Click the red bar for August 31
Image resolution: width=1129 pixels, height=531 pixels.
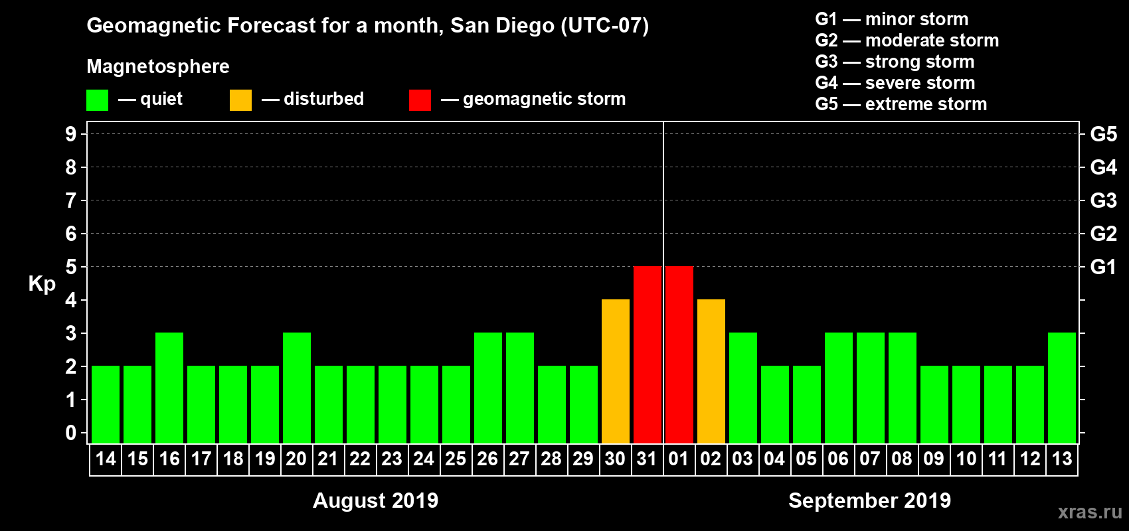click(x=648, y=354)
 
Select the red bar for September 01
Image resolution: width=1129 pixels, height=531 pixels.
click(x=679, y=354)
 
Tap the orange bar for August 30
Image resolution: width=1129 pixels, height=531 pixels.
click(x=616, y=371)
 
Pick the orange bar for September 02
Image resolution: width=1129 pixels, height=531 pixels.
click(x=711, y=371)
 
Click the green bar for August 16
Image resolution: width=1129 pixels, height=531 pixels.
click(x=169, y=388)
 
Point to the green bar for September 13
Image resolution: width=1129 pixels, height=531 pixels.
click(x=1062, y=388)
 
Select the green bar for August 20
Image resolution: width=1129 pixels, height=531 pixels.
click(x=297, y=388)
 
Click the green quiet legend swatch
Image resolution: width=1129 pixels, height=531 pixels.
click(x=97, y=100)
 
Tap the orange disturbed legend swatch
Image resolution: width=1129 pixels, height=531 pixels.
click(x=240, y=100)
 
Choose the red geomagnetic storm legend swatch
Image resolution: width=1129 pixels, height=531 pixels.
click(x=420, y=100)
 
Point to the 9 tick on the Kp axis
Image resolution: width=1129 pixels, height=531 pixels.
click(x=71, y=134)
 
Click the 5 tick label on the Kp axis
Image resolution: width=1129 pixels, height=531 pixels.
click(x=71, y=267)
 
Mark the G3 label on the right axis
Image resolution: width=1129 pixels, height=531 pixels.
click(x=1103, y=200)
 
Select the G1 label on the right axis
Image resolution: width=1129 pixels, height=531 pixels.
click(x=1103, y=267)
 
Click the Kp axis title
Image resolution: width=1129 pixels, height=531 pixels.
click(x=42, y=284)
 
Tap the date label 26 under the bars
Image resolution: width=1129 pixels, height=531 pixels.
click(x=487, y=459)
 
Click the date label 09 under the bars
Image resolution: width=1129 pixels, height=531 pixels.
click(x=934, y=459)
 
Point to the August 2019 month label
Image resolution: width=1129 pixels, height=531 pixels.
click(x=375, y=500)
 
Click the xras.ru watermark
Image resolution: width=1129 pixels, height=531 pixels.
click(x=1090, y=512)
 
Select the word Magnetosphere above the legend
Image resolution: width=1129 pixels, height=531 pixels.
click(x=158, y=66)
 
